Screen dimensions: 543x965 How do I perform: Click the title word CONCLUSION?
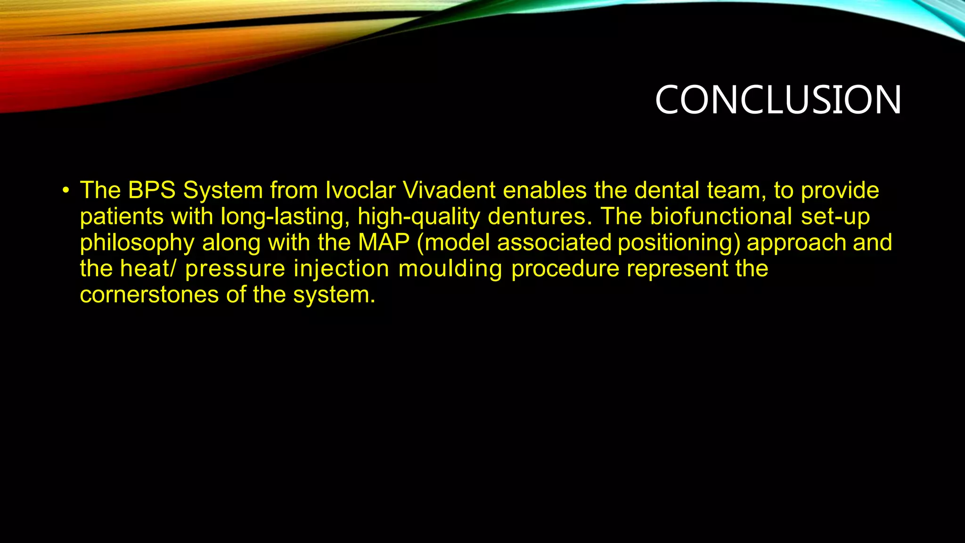click(x=778, y=100)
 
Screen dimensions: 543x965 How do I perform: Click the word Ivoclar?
click(x=360, y=190)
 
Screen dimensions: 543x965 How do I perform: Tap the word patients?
click(x=121, y=217)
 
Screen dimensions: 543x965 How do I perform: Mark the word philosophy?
click(x=137, y=243)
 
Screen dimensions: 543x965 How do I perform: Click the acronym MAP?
click(x=384, y=242)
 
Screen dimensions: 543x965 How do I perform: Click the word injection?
click(x=341, y=269)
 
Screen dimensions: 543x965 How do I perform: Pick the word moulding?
click(x=450, y=269)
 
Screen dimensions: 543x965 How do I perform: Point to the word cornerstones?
click(x=149, y=295)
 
